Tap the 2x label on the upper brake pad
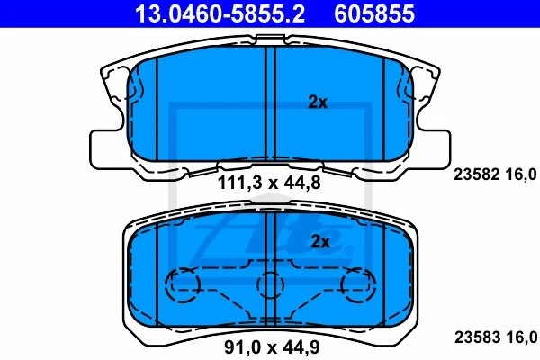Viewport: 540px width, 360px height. (x=318, y=103)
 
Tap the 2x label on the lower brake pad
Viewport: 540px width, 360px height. (x=319, y=241)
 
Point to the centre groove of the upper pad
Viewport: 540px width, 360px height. (x=270, y=103)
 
